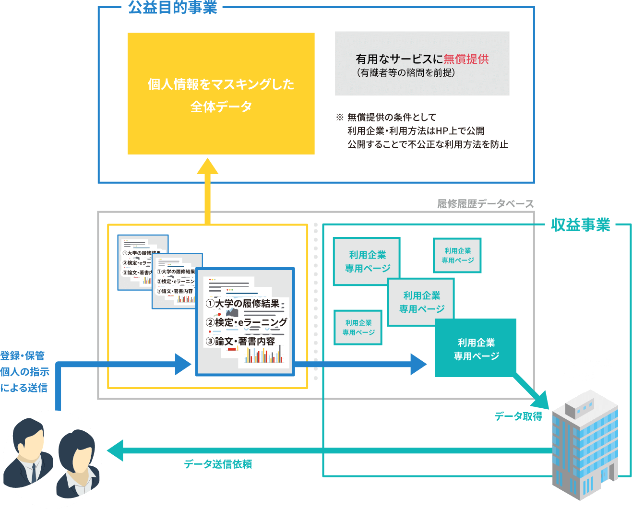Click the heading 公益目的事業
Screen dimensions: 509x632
click(x=173, y=8)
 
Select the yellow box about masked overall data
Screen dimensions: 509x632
click(x=221, y=94)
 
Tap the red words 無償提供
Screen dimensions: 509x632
click(x=466, y=59)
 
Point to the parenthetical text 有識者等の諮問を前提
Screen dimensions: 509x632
click(x=405, y=73)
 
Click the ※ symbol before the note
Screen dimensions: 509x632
click(x=340, y=117)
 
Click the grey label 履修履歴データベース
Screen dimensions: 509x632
click(x=485, y=204)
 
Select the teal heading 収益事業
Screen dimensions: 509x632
click(x=581, y=225)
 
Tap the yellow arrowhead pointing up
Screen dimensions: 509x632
click(x=207, y=166)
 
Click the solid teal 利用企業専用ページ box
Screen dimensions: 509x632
click(x=476, y=349)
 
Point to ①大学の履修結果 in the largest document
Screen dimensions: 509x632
click(x=243, y=303)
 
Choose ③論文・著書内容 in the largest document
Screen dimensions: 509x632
click(x=240, y=341)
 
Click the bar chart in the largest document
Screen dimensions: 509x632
click(x=264, y=355)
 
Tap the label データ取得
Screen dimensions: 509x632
click(x=518, y=416)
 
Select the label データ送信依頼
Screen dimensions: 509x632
click(x=218, y=464)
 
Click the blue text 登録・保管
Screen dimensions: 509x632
click(x=23, y=355)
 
